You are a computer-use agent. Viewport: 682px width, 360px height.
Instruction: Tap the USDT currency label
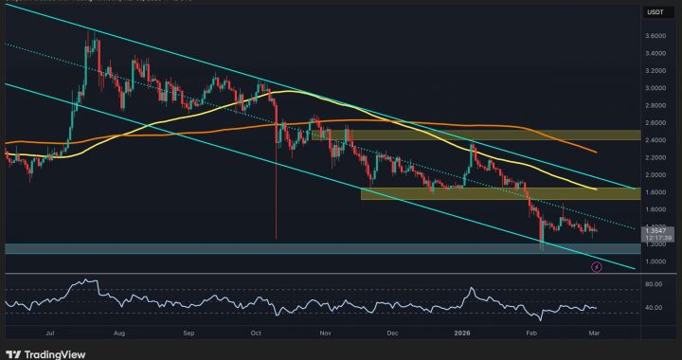coord(653,13)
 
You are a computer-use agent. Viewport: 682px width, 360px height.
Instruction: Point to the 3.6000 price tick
coord(653,36)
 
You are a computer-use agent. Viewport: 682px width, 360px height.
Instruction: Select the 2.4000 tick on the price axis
coord(653,140)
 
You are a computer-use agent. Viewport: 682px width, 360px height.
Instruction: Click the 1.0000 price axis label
coord(653,261)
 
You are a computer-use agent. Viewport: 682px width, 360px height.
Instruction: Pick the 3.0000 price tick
coord(653,88)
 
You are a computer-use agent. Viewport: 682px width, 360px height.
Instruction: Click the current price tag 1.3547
coord(653,229)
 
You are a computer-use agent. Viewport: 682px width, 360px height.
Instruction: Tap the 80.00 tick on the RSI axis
coord(653,284)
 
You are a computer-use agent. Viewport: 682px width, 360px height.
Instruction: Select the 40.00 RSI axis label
coord(653,308)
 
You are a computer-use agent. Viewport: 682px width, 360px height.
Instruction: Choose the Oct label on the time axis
coord(256,333)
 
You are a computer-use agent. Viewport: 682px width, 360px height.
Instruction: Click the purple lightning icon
coord(596,268)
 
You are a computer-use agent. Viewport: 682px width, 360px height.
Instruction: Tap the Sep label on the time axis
coord(189,333)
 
